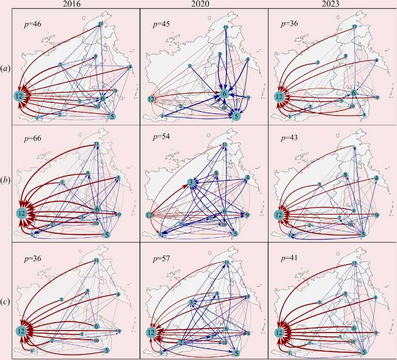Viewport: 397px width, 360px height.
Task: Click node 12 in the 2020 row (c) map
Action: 151,332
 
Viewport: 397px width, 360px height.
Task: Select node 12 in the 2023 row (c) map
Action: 279,333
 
